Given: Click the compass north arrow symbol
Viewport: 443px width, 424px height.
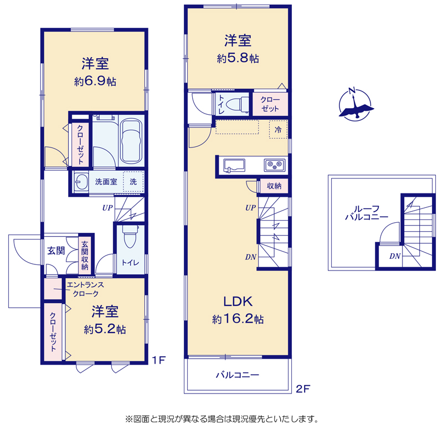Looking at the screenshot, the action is click(x=356, y=104).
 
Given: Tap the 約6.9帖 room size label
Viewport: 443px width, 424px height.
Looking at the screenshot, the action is click(x=95, y=81).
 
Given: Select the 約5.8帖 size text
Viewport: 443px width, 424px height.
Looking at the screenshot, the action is click(x=238, y=58).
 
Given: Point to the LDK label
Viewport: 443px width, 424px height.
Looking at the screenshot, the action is click(x=238, y=302).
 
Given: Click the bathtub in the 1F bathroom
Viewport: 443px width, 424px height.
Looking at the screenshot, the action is click(x=131, y=141).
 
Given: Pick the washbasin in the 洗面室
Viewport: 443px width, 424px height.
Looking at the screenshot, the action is click(x=81, y=182).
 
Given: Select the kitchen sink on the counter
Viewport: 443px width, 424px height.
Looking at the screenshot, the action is click(x=234, y=166).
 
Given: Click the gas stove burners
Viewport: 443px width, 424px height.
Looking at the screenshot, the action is click(x=275, y=165).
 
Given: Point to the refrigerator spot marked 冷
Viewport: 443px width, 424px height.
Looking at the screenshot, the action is click(x=279, y=130).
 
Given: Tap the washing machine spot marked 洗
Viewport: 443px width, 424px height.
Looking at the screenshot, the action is click(x=133, y=182).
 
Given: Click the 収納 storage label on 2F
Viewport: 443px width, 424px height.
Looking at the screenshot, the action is click(x=274, y=186).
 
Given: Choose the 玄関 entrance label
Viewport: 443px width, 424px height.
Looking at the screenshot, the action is click(x=56, y=251).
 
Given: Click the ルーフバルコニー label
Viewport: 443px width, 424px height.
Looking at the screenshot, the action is click(x=367, y=213).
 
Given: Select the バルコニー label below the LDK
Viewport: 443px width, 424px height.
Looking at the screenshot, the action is click(x=238, y=375).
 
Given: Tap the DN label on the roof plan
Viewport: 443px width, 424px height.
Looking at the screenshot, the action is click(x=395, y=256).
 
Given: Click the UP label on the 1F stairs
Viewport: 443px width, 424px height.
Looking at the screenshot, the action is click(x=107, y=208).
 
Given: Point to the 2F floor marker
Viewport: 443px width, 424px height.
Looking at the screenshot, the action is click(x=303, y=389).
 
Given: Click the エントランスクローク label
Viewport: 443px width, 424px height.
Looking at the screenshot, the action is click(x=85, y=289).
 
